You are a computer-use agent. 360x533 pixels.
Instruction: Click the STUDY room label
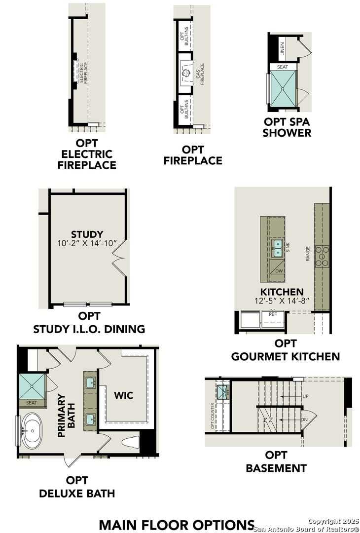[x=87, y=234]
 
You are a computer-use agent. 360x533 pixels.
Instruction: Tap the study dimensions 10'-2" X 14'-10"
[x=87, y=243]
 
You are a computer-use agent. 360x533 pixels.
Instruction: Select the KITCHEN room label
[x=283, y=292]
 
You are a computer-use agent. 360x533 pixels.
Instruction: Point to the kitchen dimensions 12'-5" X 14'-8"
[x=283, y=301]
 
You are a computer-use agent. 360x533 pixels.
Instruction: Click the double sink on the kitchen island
[x=278, y=248]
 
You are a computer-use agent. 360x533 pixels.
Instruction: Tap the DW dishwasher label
[x=279, y=271]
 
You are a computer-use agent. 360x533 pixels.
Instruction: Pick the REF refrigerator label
[x=273, y=314]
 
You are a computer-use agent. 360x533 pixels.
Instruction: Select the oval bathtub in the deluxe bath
[x=33, y=430]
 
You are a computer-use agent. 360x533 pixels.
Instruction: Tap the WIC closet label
[x=123, y=395]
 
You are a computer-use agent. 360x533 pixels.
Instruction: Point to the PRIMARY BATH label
[x=66, y=416]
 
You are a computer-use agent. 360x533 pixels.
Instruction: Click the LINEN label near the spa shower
[x=283, y=48]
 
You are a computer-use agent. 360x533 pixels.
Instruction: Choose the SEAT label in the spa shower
[x=283, y=67]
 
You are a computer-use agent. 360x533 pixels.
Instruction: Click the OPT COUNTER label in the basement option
[x=213, y=416]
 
